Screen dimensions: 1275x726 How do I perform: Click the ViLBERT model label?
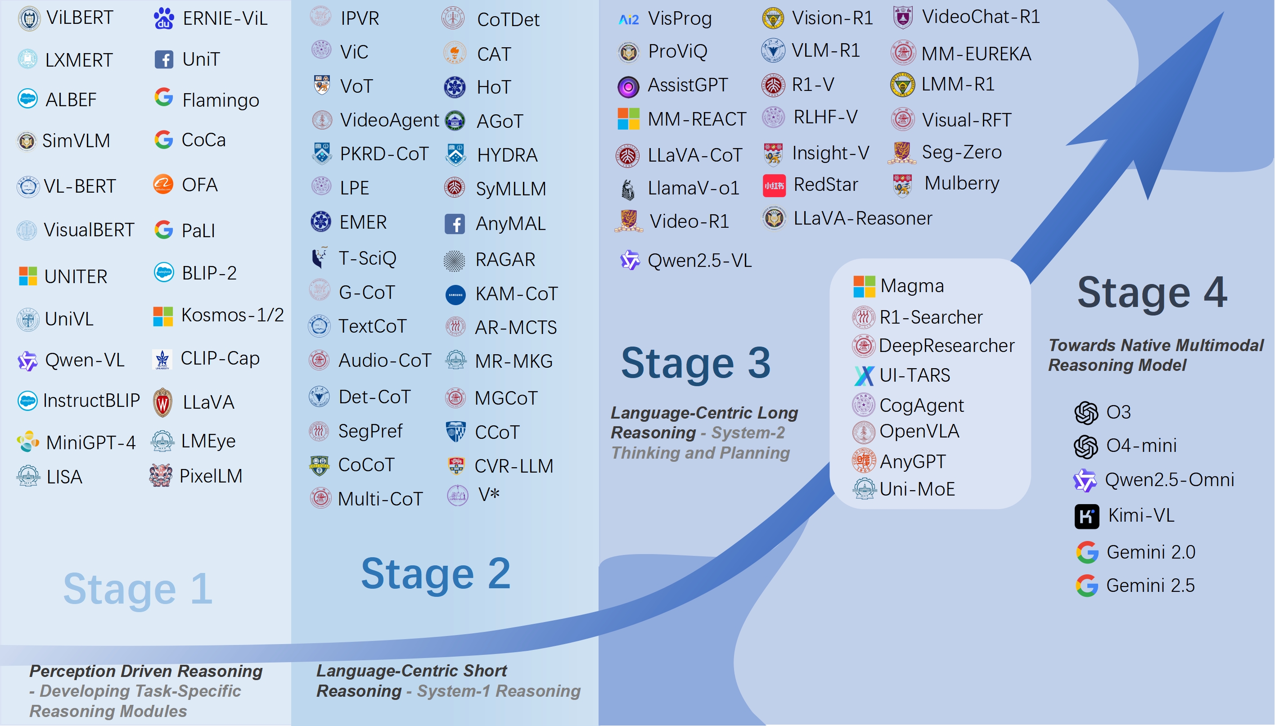pos(80,18)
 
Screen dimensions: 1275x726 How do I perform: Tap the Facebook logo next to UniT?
pos(164,59)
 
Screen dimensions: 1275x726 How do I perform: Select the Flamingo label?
pos(221,101)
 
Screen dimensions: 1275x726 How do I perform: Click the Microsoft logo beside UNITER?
pos(28,276)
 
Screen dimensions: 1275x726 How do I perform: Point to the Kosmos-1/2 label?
pos(233,315)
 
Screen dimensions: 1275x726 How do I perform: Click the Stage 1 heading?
pos(138,589)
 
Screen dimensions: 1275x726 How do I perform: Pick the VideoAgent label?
pos(389,120)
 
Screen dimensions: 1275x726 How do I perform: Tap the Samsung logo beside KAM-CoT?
pos(455,295)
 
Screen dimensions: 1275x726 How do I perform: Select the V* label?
pos(489,494)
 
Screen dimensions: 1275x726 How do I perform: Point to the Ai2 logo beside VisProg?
pos(629,19)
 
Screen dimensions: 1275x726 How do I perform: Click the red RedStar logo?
pos(774,185)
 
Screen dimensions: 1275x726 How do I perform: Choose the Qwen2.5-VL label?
pos(699,261)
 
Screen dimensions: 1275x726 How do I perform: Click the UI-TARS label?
pos(915,375)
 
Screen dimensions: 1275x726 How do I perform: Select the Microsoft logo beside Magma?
pos(864,287)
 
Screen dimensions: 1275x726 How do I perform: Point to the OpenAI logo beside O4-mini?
pos(1086,446)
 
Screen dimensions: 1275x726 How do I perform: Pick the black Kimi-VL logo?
pos(1087,517)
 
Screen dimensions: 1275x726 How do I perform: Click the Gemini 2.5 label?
pos(1150,586)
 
